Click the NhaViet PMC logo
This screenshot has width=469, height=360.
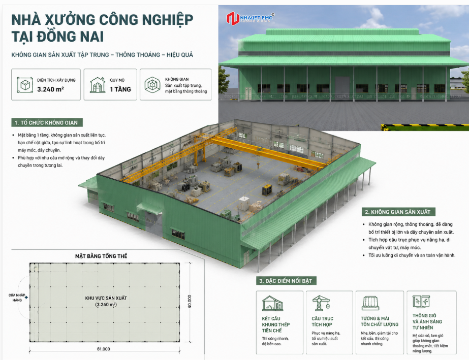[x=250, y=18]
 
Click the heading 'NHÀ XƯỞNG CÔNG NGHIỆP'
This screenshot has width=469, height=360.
[x=102, y=20]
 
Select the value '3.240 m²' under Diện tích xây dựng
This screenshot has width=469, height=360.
[x=50, y=89]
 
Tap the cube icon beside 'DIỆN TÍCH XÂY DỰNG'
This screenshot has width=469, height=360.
[x=25, y=85]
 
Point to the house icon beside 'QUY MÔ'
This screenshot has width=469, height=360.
[x=98, y=85]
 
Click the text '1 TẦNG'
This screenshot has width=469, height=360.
[x=120, y=89]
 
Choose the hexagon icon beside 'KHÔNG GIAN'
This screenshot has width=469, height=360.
[x=152, y=85]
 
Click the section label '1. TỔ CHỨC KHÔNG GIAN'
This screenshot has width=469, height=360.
[x=47, y=122]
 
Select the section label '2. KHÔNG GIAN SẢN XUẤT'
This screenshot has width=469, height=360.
[x=398, y=212]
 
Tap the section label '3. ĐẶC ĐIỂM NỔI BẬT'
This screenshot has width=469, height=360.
[x=286, y=281]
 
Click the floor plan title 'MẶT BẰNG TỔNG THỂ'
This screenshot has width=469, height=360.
[x=101, y=256]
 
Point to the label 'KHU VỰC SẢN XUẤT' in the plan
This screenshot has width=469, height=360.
[x=106, y=298]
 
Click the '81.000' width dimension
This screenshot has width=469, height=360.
[x=104, y=349]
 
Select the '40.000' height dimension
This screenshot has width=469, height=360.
[x=190, y=302]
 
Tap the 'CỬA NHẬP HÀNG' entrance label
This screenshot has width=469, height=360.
[x=17, y=298]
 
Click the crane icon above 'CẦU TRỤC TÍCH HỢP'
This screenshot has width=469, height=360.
[x=321, y=303]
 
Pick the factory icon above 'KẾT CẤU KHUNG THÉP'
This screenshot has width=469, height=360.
[x=272, y=304]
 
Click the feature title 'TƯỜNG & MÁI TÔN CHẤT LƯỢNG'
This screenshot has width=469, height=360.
[x=379, y=321]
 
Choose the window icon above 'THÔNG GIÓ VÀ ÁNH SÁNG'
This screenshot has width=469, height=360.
[x=421, y=302]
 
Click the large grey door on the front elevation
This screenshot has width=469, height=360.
[x=342, y=85]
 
